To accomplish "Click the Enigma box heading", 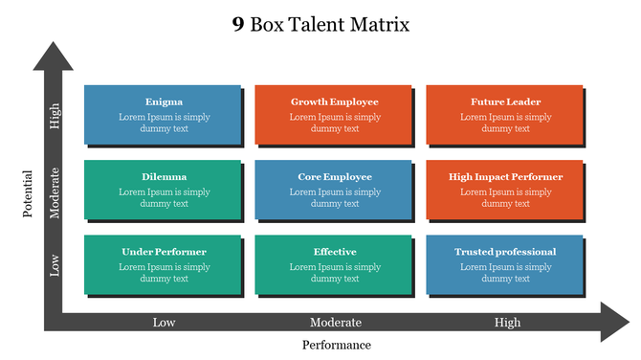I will pos(164,101).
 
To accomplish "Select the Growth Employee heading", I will pos(334,101).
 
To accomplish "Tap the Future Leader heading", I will pos(505,101).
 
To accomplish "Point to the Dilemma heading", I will pos(164,176).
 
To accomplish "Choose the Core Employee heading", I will pos(334,176).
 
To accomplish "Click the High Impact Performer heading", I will pos(505,176).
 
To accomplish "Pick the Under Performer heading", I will pos(164,252).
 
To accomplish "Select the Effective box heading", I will pos(334,252).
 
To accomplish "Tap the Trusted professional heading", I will pos(505,252).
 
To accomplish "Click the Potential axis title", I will pos(28,193).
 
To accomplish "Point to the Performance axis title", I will pos(337,345).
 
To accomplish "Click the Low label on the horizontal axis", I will pos(164,322).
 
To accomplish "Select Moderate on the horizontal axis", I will pos(336,322).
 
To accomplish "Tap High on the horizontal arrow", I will pos(507,322).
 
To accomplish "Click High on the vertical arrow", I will pos(55,116).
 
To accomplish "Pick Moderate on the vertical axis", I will pos(55,192).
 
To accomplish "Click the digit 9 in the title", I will pos(237,25).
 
